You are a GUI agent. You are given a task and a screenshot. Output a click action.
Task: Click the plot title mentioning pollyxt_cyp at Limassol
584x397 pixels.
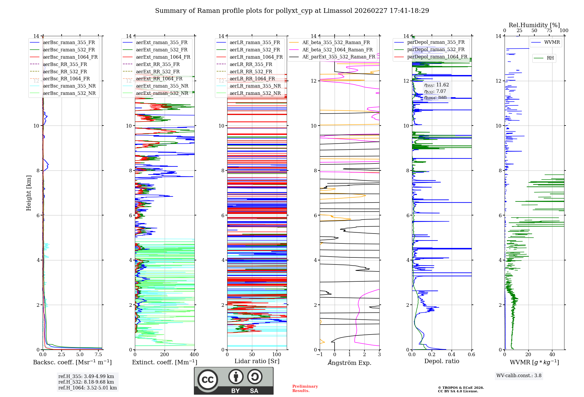pos(292,11)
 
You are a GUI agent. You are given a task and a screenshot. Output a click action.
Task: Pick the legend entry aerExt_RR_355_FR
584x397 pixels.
pos(158,65)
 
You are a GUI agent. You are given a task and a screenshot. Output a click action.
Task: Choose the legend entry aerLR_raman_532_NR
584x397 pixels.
pos(255,93)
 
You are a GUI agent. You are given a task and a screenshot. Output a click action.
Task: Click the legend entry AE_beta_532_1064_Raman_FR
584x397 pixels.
pos(337,50)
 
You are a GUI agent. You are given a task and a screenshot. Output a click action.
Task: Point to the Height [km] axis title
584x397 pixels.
pos(29,193)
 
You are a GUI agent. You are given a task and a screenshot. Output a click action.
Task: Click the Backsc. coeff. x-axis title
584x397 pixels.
pos(72,362)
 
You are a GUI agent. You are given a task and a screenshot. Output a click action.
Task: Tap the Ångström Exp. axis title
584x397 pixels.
pos(350,363)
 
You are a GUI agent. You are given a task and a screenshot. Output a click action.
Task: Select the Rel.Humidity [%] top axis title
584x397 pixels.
pos(534,25)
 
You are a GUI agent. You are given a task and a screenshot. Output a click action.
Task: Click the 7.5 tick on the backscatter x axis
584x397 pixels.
pos(98,355)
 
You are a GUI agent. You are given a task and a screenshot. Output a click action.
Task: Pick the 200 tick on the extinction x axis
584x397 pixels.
pos(165,355)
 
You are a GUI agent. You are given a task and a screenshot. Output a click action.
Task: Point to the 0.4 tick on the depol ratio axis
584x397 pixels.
pos(451,355)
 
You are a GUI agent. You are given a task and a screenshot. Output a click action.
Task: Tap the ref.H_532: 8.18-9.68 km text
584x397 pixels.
pos(86,382)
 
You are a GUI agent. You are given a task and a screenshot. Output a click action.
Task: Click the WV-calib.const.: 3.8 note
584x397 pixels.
pos(519,376)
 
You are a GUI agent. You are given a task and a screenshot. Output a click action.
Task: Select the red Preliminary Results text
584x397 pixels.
pos(305,389)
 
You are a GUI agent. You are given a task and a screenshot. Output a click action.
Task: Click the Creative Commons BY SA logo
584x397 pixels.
pos(234,381)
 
